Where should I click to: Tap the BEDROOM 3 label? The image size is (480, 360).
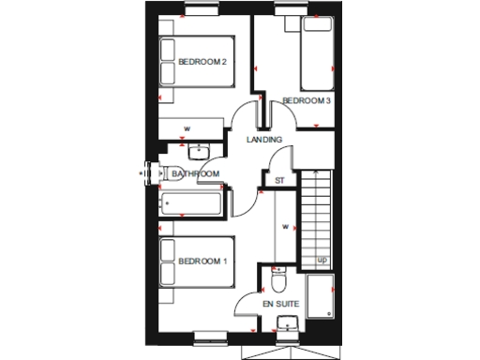(x=307, y=100)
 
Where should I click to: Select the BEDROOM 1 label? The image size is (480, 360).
(x=202, y=261)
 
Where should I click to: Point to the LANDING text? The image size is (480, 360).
(x=264, y=140)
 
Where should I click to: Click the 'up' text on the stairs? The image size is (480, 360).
(x=321, y=260)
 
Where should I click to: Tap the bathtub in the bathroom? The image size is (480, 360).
(x=193, y=202)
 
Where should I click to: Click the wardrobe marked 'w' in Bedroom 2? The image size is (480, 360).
(x=187, y=128)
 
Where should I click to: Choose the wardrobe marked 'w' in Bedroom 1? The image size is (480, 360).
(x=282, y=225)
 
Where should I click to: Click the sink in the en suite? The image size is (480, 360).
(x=286, y=325)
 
